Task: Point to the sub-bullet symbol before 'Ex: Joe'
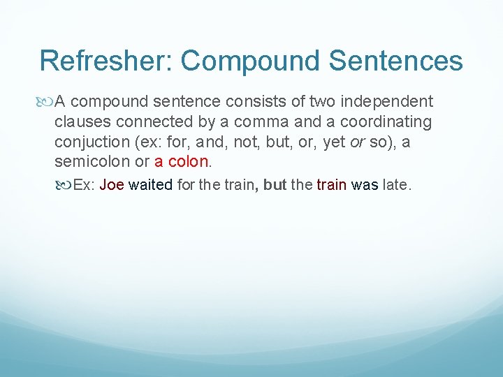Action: pyautogui.click(x=64, y=186)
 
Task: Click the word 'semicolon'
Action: pyautogui.click(x=88, y=161)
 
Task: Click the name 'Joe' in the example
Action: pyautogui.click(x=112, y=186)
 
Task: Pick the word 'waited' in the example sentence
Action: pyautogui.click(x=150, y=186)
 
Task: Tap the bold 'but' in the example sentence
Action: pyautogui.click(x=275, y=186)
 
